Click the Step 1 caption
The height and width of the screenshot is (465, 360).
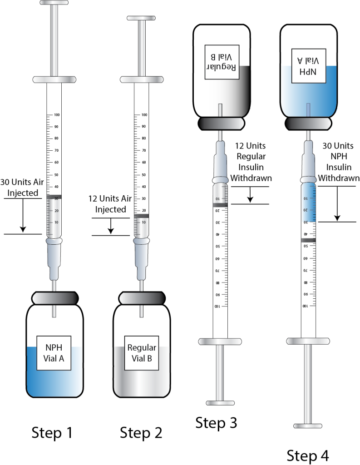pyautogui.click(x=53, y=433)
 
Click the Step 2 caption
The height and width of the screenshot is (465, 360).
pyautogui.click(x=141, y=433)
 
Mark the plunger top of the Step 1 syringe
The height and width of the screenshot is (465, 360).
pyautogui.click(x=54, y=3)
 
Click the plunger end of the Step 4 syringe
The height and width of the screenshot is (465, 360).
pyautogui.click(x=308, y=426)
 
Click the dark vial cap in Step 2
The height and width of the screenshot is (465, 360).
pyautogui.click(x=141, y=297)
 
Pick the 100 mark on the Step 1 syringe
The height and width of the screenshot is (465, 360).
pyautogui.click(x=57, y=115)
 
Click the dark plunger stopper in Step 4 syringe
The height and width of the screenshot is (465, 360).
pyautogui.click(x=308, y=240)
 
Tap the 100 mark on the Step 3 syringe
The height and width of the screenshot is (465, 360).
pyautogui.click(x=217, y=307)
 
